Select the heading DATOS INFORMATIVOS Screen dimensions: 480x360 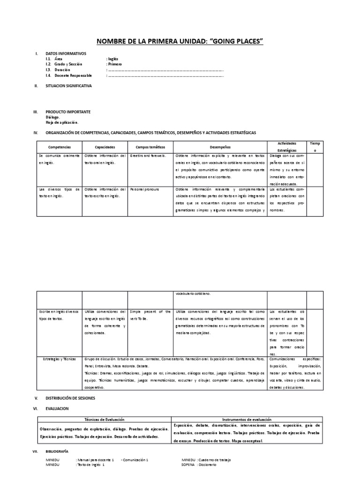pyautogui.click(x=66, y=54)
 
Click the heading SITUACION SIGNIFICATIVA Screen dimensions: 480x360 pyautogui.click(x=68, y=86)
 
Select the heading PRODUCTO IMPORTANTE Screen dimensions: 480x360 pyautogui.click(x=68, y=112)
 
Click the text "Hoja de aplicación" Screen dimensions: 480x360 pyautogui.click(x=62, y=122)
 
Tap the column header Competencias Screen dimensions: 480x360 pyautogui.click(x=59, y=147)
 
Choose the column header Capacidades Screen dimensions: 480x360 pyautogui.click(x=105, y=147)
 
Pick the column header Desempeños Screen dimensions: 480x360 pyautogui.click(x=220, y=147)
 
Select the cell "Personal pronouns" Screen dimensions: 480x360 pyautogui.click(x=145, y=189)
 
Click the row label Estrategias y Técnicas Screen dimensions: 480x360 pyautogui.click(x=59, y=358)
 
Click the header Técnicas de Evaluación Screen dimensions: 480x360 pyautogui.click(x=104, y=420)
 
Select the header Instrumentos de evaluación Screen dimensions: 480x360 pyautogui.click(x=246, y=420)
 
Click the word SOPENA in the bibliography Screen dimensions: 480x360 pyautogui.click(x=188, y=465)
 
